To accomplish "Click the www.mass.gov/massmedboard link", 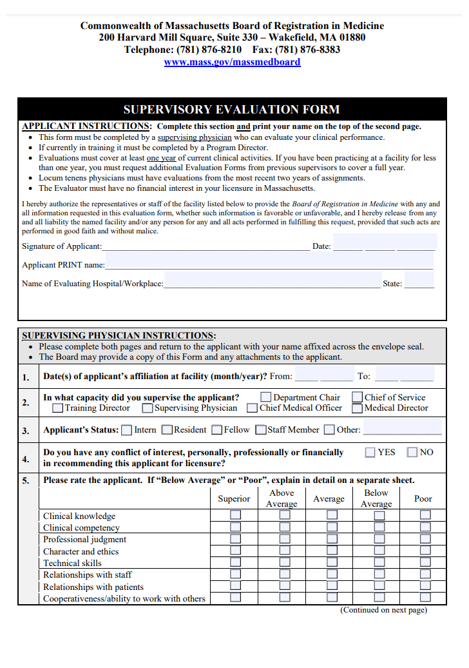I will [x=232, y=62].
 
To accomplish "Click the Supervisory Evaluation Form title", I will [x=231, y=109].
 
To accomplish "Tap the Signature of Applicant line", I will [x=206, y=246].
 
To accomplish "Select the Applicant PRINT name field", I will [x=269, y=264].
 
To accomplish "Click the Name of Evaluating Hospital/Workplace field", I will [x=272, y=283].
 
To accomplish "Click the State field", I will [x=419, y=283].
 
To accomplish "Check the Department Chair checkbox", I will [x=265, y=397].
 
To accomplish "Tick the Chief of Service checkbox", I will [x=357, y=397].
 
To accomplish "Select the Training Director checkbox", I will [x=57, y=408].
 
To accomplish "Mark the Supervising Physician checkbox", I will [x=148, y=408].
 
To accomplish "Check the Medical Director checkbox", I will [x=357, y=408].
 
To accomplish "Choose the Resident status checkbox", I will [x=167, y=430].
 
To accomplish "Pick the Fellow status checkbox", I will [x=217, y=430].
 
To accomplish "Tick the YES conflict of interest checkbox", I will [x=370, y=452].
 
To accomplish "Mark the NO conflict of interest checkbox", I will [x=412, y=452].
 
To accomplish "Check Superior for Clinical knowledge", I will [x=236, y=515].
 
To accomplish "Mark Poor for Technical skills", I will [x=425, y=562].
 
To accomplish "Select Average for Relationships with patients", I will [x=332, y=586].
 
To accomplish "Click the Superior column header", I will [x=234, y=498].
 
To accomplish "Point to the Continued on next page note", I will [x=383, y=610].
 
